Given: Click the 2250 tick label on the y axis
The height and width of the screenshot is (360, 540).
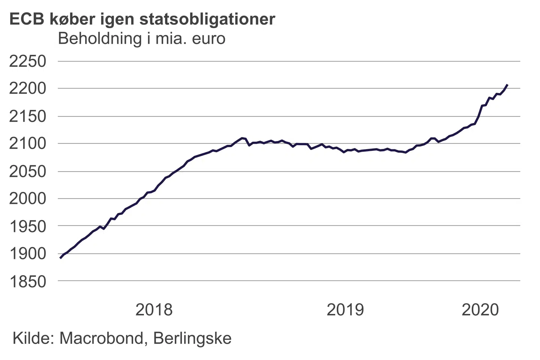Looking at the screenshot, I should [x=28, y=61].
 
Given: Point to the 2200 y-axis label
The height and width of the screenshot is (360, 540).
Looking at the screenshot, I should [x=28, y=88].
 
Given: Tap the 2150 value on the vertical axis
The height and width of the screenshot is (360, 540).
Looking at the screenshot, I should [x=28, y=116].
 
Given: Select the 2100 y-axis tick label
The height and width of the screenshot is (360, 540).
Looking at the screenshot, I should [x=28, y=144].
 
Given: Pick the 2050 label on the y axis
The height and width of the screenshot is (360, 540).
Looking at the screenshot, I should [x=28, y=171].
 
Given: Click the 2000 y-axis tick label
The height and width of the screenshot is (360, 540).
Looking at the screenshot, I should [x=28, y=198].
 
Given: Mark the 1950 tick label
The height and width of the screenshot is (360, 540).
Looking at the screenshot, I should [x=28, y=226].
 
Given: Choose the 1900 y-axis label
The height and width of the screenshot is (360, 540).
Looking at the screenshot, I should [x=28, y=254].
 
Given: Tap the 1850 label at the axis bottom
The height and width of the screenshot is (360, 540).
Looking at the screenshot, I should [x=28, y=281].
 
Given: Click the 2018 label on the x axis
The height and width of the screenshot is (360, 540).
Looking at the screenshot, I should [x=154, y=310].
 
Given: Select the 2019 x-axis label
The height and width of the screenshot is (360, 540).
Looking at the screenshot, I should [x=345, y=310].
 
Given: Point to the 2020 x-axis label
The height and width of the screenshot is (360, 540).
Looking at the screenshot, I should [x=480, y=310].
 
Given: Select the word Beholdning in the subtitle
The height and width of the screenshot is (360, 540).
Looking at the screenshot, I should [x=100, y=39].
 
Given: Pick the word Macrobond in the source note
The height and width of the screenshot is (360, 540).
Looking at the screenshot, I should [x=101, y=338].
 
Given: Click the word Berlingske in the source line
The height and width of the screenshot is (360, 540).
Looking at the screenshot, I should [x=192, y=338].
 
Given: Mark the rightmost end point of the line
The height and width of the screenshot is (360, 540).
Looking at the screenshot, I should [x=507, y=85].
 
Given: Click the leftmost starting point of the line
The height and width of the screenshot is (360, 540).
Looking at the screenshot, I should [x=60, y=258].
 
